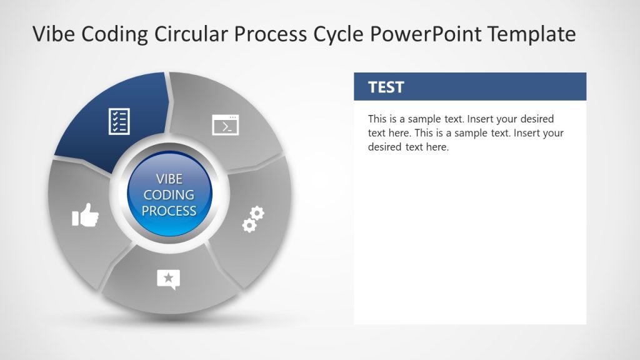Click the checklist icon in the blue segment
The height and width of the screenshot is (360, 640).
119,121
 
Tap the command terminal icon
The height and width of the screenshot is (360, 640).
226,125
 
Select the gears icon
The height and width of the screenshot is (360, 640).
253,219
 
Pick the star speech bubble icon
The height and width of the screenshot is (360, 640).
168,279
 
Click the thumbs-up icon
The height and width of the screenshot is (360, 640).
86,216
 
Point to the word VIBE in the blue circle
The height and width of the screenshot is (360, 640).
169,179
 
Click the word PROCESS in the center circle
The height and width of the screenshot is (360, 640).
169,211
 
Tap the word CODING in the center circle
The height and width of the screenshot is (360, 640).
169,195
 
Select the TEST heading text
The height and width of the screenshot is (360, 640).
386,87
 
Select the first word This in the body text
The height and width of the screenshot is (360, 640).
377,119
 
